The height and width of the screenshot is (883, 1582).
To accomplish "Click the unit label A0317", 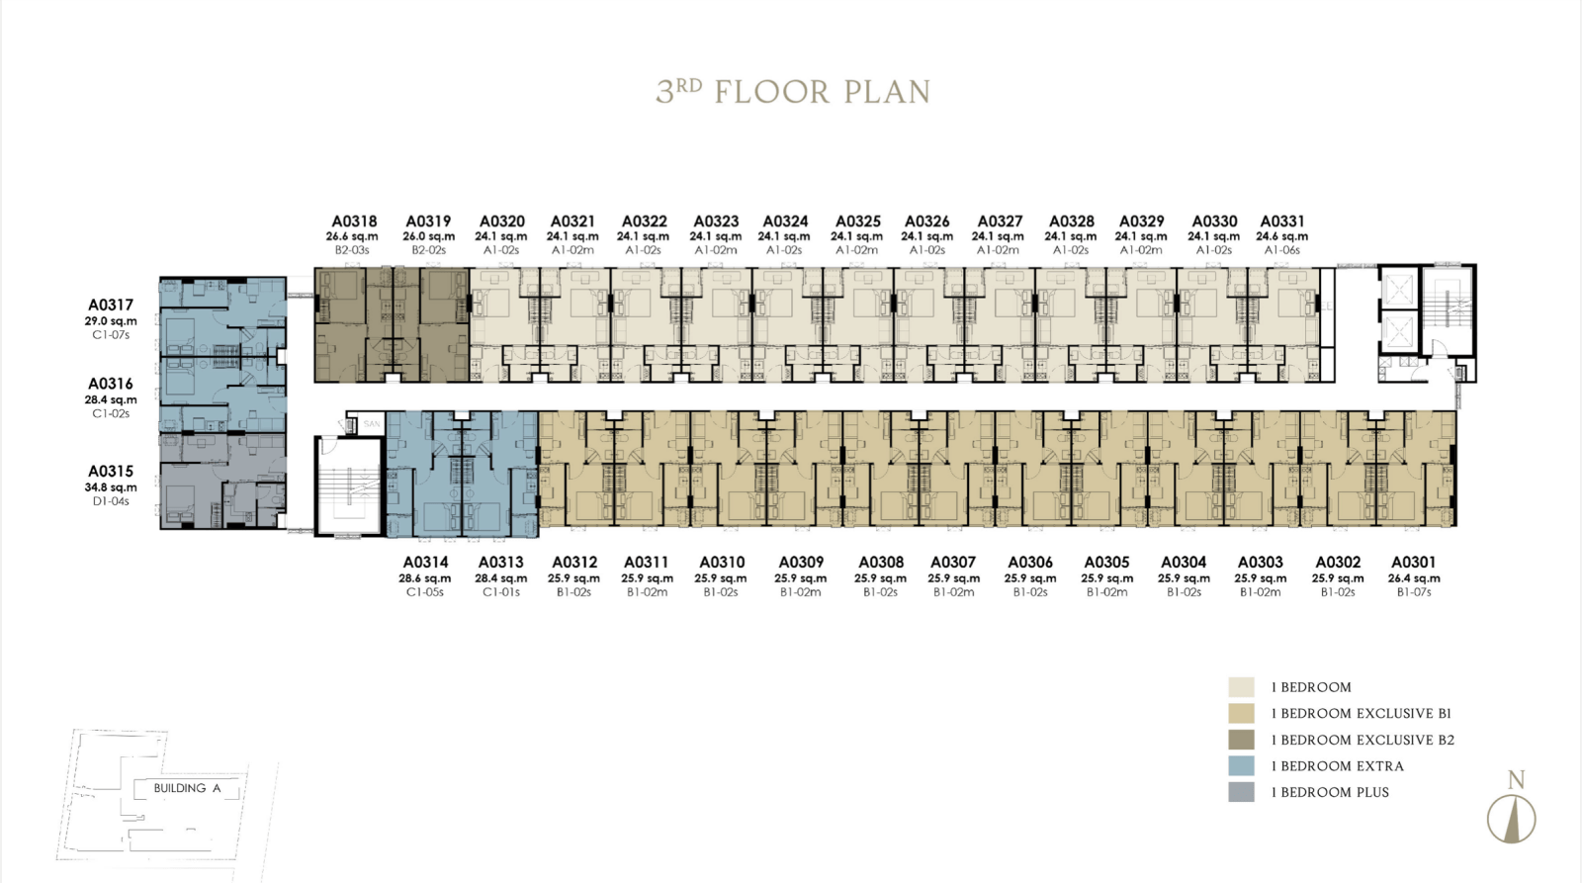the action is (x=110, y=305).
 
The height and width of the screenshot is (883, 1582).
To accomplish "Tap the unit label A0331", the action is (x=1282, y=221).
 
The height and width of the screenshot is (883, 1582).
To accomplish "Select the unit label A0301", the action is (x=1414, y=563).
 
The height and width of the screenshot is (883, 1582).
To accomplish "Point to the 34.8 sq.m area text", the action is (x=111, y=487).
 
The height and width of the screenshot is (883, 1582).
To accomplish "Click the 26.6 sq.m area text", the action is (x=352, y=236).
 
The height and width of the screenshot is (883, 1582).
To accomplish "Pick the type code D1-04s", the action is (x=111, y=501).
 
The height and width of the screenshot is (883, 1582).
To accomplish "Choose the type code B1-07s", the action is (x=1414, y=592).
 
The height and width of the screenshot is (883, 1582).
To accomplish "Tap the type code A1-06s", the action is (x=1281, y=250).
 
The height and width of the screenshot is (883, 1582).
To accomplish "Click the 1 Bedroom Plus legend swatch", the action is (x=1241, y=792).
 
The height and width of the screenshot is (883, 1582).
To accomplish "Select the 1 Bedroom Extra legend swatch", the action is (x=1241, y=765).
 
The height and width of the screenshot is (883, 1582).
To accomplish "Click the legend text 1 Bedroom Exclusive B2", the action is (x=1362, y=740).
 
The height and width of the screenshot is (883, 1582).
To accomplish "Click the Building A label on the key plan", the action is (x=187, y=788).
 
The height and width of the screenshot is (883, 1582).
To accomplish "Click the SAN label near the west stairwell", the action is (x=372, y=424).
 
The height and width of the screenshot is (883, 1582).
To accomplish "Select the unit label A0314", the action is (x=425, y=563).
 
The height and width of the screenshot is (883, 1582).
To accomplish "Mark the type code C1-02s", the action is (x=111, y=413).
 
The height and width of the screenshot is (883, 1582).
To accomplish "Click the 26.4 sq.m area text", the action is (x=1414, y=577).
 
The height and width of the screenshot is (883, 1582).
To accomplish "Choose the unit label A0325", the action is (x=857, y=221).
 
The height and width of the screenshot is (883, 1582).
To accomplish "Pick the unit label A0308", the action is (x=881, y=563).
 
